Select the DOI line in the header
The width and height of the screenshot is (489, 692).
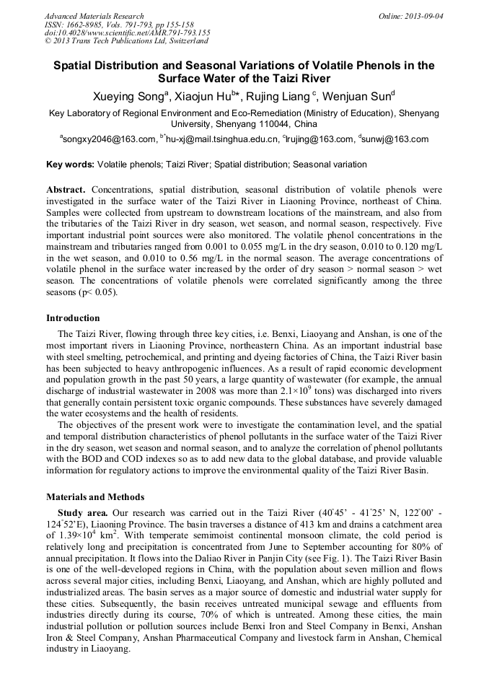tap(127, 33)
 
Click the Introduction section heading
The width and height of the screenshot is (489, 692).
tap(73, 318)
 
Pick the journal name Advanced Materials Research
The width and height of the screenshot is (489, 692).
tap(94, 15)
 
